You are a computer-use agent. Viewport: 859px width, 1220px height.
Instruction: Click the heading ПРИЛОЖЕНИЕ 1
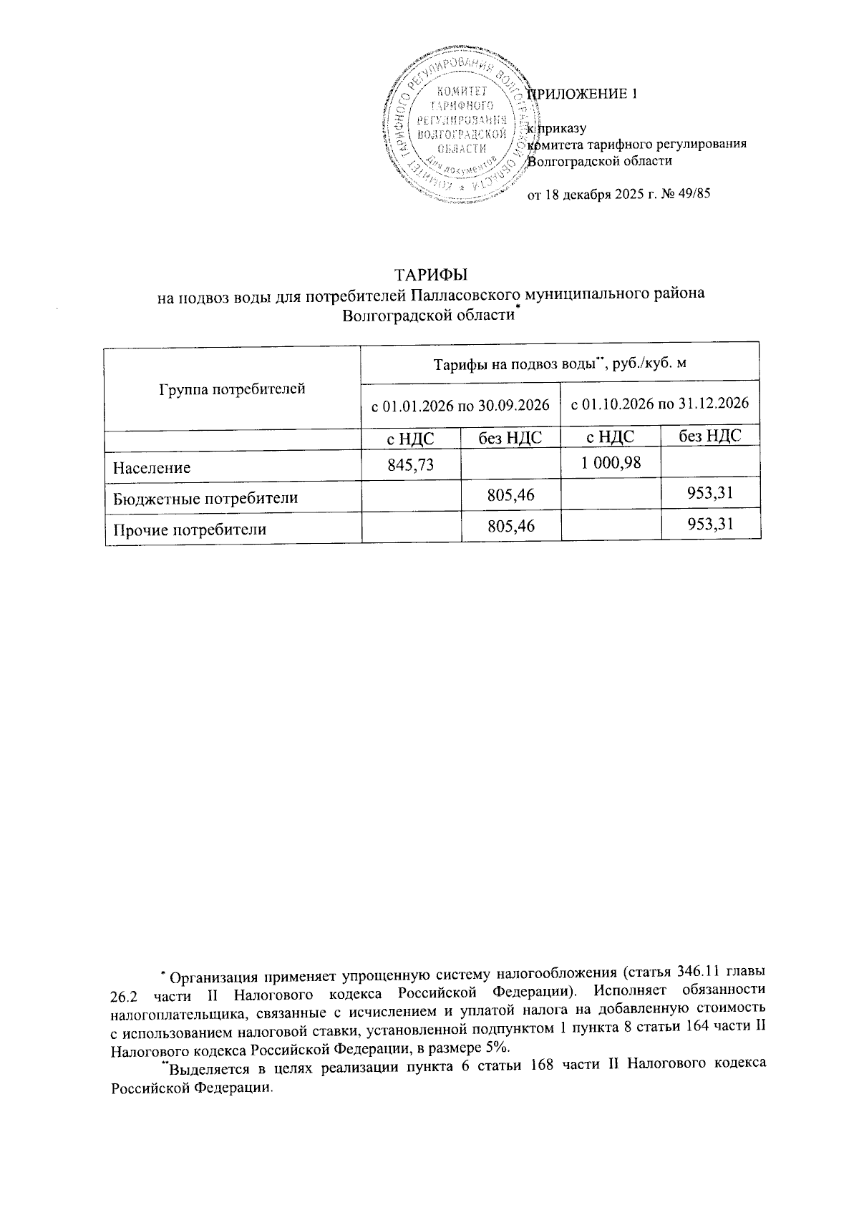click(x=582, y=94)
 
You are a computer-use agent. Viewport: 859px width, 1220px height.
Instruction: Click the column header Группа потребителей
click(x=232, y=389)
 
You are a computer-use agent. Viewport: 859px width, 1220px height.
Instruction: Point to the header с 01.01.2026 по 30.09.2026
click(x=460, y=406)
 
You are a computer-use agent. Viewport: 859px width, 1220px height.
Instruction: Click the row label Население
click(x=152, y=469)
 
